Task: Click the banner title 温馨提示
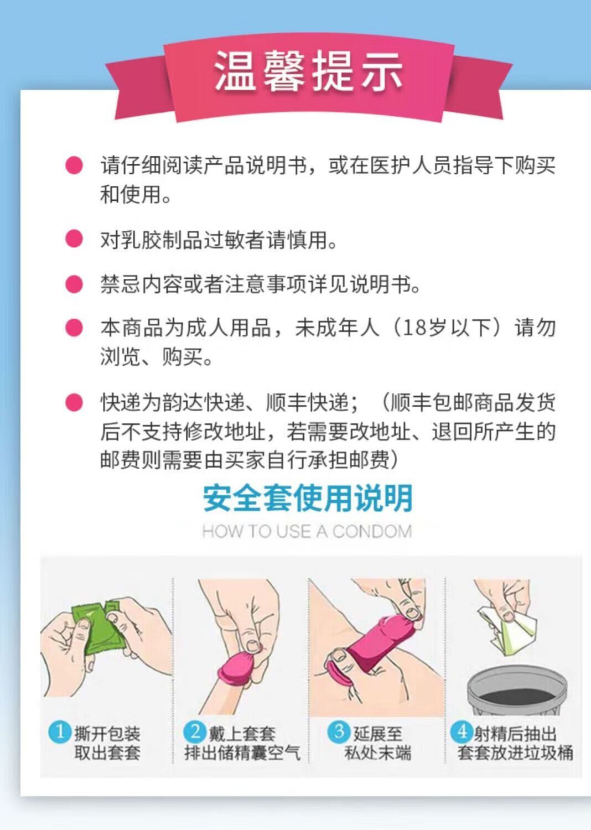309,71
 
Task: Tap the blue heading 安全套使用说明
308,499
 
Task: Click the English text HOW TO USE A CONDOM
307,532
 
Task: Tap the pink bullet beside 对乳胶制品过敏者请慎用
74,238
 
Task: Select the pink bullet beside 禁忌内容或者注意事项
74,284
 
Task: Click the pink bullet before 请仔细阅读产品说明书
74,165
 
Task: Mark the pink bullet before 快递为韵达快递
74,402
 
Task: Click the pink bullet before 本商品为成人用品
74,328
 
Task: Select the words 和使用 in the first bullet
131,195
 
